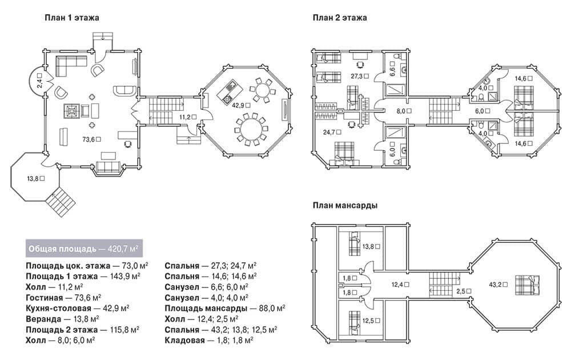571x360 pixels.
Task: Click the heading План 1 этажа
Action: click(x=72, y=18)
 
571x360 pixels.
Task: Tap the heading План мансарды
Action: click(x=345, y=206)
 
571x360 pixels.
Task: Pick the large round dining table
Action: click(x=251, y=130)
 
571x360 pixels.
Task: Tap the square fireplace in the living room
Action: click(x=71, y=111)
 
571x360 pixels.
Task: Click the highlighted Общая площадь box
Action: click(x=84, y=249)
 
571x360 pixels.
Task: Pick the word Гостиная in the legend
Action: click(x=45, y=298)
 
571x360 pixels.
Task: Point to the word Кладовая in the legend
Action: click(x=184, y=341)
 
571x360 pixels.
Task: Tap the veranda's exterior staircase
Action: click(x=61, y=202)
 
